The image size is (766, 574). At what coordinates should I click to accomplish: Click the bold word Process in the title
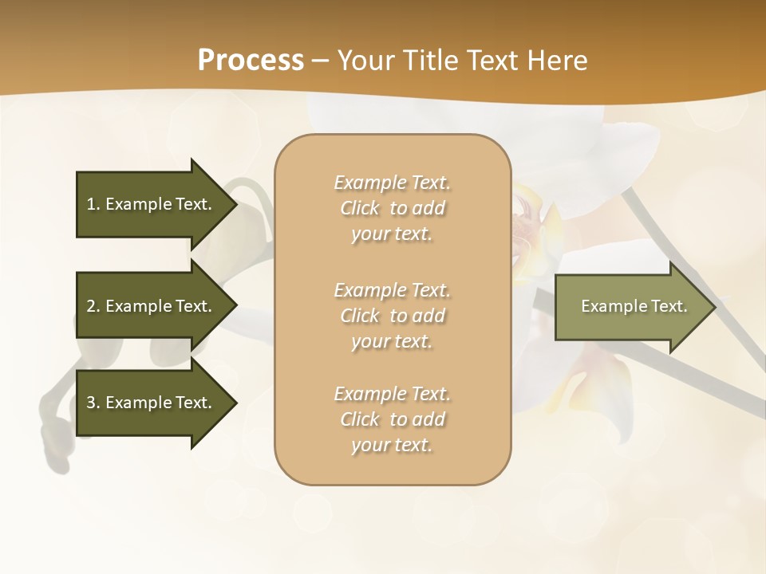[251, 61]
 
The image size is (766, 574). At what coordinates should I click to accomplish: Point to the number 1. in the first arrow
[93, 204]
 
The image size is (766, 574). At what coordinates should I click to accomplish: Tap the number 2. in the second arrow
[93, 306]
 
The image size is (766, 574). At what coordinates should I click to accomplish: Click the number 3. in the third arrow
[93, 403]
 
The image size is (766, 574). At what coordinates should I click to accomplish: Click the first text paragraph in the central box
[392, 208]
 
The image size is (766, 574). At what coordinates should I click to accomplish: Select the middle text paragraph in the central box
[392, 316]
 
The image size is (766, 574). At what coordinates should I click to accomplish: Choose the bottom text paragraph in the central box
[392, 419]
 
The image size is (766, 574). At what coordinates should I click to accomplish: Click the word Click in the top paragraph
[360, 208]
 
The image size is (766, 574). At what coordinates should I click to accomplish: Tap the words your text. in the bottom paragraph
[392, 445]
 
